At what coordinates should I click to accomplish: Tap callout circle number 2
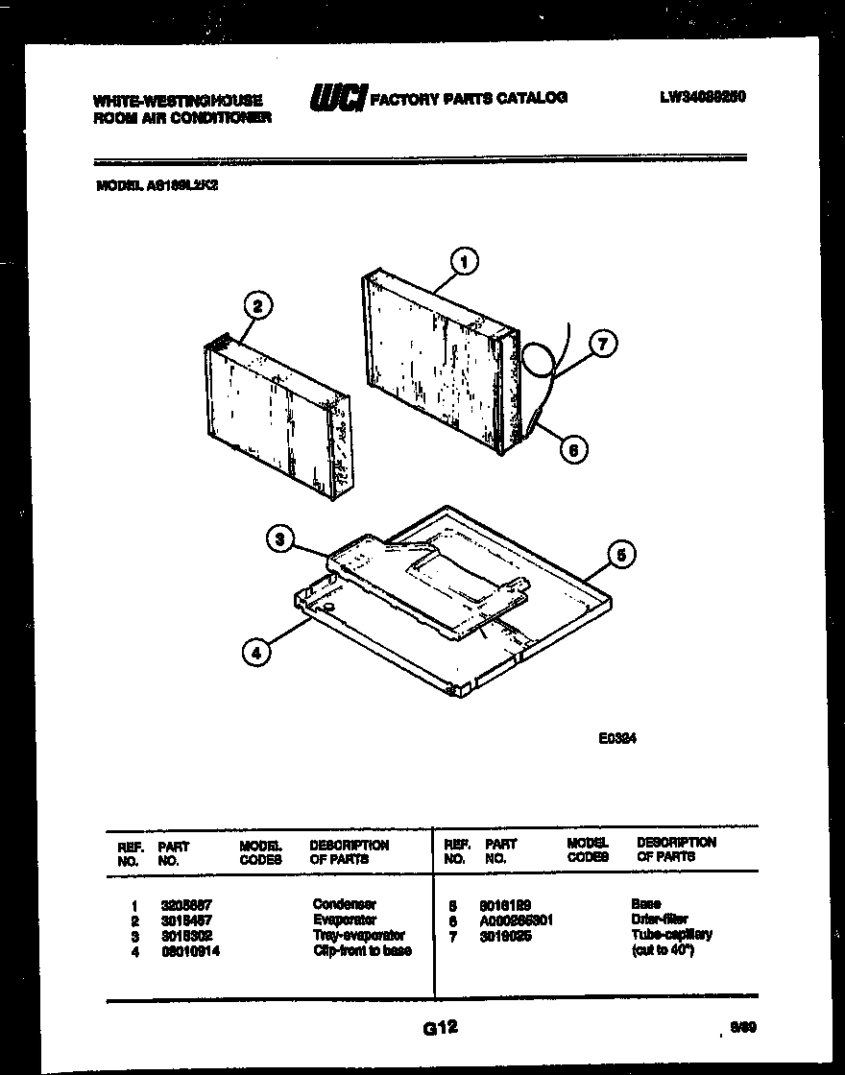(256, 307)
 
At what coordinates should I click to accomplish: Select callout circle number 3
(279, 540)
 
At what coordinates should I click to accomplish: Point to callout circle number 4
(254, 653)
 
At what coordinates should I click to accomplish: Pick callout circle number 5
(621, 554)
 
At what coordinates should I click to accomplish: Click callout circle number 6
(573, 447)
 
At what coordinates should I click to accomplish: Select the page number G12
(439, 1028)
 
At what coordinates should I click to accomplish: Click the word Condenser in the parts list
(344, 904)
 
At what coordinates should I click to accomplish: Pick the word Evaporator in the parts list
(345, 920)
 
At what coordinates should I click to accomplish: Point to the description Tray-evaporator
(358, 935)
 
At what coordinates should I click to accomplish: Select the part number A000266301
(517, 920)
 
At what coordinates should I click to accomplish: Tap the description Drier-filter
(660, 920)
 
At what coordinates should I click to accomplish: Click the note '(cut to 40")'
(662, 950)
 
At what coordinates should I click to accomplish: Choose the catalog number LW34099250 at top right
(703, 97)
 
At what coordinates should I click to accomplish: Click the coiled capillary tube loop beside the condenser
(538, 359)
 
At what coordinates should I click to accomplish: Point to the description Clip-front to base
(361, 950)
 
